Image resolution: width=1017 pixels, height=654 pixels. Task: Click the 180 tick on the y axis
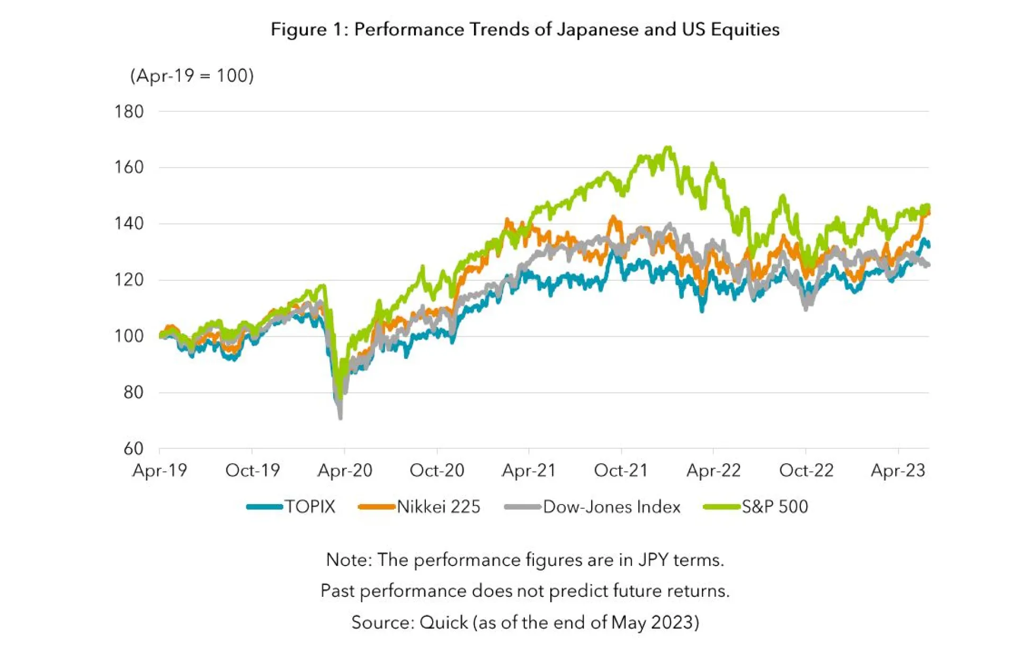tap(129, 112)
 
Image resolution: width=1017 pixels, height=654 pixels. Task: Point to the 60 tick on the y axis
tap(133, 449)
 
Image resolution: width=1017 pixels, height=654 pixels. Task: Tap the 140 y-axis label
tap(129, 224)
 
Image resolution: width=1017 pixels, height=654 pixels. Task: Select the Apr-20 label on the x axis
tap(345, 471)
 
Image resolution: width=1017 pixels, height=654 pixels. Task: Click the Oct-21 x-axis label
tap(621, 471)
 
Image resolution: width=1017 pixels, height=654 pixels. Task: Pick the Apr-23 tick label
tap(898, 471)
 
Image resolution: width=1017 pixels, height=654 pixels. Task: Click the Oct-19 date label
tap(252, 471)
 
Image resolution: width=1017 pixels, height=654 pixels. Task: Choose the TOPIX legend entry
tap(310, 507)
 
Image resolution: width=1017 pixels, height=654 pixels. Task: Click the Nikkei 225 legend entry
tap(438, 507)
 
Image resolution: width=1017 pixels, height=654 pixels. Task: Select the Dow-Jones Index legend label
tap(611, 507)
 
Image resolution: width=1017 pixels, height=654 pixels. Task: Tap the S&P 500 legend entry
tap(774, 507)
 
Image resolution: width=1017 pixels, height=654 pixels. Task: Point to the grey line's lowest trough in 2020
tap(340, 418)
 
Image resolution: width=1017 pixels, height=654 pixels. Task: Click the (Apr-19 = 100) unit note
tap(192, 76)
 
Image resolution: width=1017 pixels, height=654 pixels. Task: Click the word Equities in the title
tap(745, 29)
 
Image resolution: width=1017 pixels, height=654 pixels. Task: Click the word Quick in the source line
tap(443, 623)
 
